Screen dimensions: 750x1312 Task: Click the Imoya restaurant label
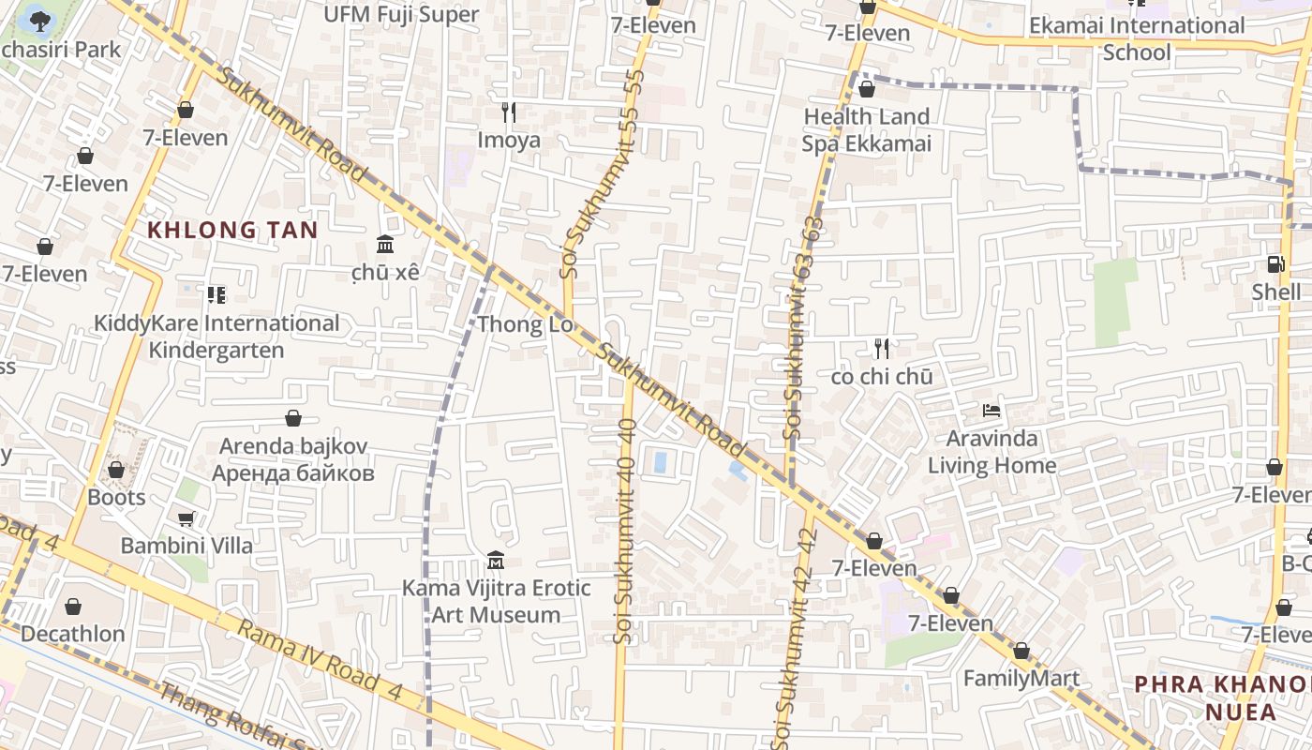coord(509,141)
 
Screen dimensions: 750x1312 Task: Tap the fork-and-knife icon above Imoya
coord(509,112)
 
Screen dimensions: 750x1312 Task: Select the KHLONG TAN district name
coord(232,230)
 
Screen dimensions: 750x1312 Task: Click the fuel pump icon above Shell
coord(1275,264)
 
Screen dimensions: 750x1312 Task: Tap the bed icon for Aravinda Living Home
coord(991,410)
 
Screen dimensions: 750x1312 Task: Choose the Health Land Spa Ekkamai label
coord(866,129)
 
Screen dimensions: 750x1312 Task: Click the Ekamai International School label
coord(1137,38)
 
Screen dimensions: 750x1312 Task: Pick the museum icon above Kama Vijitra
coord(496,561)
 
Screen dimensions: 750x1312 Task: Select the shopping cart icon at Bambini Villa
coord(186,518)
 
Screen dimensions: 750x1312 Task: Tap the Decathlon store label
coord(73,634)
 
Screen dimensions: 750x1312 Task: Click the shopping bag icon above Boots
coord(116,469)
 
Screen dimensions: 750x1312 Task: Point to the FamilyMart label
coord(1021,678)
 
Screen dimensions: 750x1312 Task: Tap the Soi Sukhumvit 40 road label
coord(626,531)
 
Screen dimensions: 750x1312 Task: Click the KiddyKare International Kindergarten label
coord(216,337)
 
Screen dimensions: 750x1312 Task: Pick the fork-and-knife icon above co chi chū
coord(881,349)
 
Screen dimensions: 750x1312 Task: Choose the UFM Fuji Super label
coord(401,14)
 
